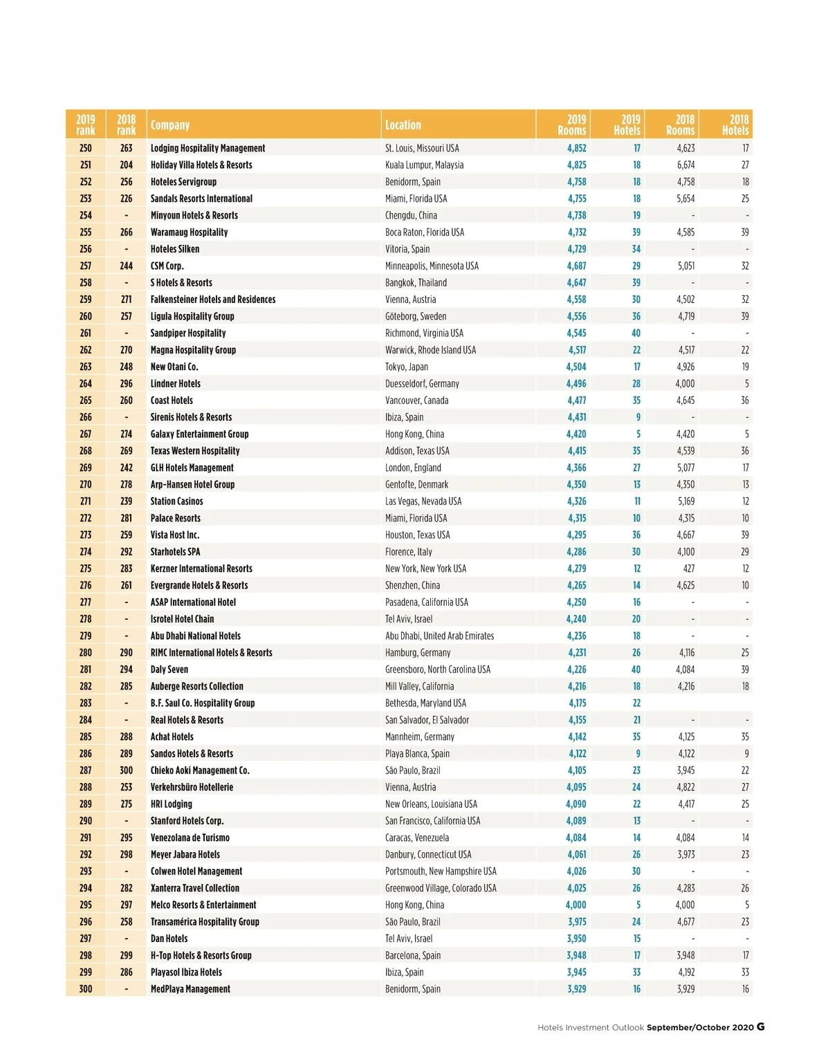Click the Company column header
(170, 125)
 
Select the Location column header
(403, 125)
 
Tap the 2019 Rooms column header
(572, 125)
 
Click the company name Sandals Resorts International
(201, 199)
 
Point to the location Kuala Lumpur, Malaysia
(424, 165)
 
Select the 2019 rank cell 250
(85, 148)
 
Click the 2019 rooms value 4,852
(576, 148)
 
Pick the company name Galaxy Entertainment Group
(199, 434)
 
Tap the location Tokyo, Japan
(407, 367)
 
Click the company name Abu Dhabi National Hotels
(196, 636)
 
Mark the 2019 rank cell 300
(85, 989)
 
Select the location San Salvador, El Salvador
(427, 720)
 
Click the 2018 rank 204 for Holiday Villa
(126, 165)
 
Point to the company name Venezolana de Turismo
(190, 838)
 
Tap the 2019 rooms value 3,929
(576, 989)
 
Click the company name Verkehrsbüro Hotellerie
(192, 787)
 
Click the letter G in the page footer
(761, 1027)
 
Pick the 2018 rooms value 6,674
(685, 165)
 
